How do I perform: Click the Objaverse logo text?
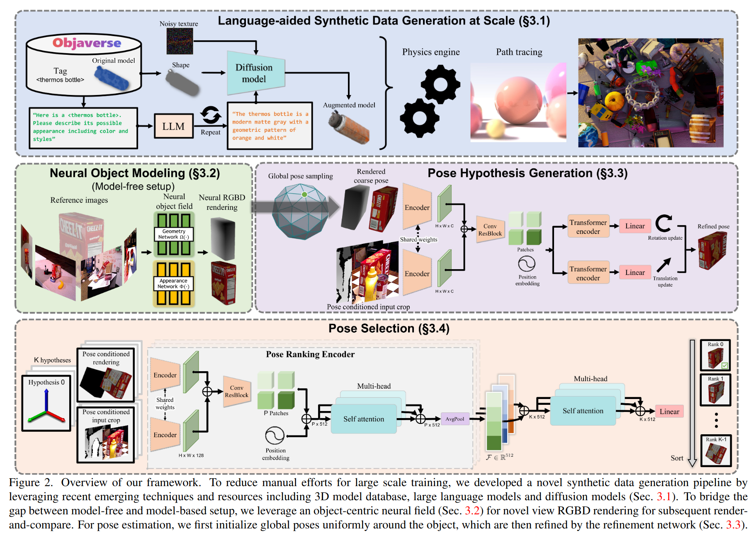pyautogui.click(x=87, y=43)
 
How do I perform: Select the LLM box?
pyautogui.click(x=173, y=126)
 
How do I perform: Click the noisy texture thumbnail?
pyautogui.click(x=180, y=41)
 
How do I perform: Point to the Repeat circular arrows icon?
pyautogui.click(x=211, y=115)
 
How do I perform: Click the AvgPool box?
pyautogui.click(x=455, y=419)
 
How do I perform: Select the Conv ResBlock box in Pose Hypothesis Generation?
pyautogui.click(x=490, y=230)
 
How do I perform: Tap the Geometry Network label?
pyautogui.click(x=174, y=234)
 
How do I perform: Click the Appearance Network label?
pyautogui.click(x=173, y=284)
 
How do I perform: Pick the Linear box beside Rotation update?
pyautogui.click(x=635, y=226)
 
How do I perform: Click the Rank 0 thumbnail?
pyautogui.click(x=715, y=355)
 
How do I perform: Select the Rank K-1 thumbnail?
pyautogui.click(x=716, y=450)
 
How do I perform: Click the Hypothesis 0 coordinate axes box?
pyautogui.click(x=46, y=403)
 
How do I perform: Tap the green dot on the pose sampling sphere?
pyautogui.click(x=304, y=195)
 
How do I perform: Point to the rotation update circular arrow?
pyautogui.click(x=664, y=223)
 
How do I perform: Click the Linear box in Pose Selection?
pyautogui.click(x=669, y=411)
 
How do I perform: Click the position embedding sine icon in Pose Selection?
pyautogui.click(x=275, y=436)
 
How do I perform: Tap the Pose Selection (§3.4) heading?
pyautogui.click(x=389, y=329)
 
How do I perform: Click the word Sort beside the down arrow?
pyautogui.click(x=677, y=458)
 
